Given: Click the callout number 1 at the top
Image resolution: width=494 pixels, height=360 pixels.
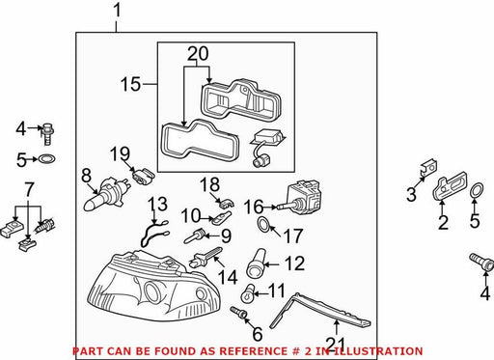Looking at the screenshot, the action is click(117, 11).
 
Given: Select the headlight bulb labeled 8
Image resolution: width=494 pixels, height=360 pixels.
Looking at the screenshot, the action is click(105, 195).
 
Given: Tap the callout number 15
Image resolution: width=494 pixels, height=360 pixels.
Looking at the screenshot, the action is click(131, 84).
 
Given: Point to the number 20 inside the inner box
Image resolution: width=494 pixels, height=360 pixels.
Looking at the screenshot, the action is click(198, 54).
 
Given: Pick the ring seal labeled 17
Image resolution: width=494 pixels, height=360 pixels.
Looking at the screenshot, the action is click(263, 225).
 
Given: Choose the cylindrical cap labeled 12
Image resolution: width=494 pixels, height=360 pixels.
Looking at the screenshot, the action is click(256, 263).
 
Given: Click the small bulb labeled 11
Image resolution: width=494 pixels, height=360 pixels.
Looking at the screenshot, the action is click(248, 293).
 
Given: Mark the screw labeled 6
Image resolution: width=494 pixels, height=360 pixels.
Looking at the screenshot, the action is click(238, 313).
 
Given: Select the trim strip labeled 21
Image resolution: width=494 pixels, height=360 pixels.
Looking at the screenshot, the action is click(318, 311).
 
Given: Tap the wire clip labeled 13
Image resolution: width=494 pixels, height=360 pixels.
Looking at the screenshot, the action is click(153, 233).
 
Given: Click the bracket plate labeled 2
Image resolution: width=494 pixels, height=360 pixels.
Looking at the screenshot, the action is click(451, 186).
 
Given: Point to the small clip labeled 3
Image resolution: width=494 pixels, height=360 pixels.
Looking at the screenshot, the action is click(429, 167).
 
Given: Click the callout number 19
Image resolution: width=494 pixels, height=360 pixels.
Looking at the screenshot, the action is click(120, 153).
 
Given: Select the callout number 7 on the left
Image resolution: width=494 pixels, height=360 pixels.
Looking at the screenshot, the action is click(29, 190).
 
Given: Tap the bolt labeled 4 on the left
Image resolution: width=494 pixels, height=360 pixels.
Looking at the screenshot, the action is click(47, 134).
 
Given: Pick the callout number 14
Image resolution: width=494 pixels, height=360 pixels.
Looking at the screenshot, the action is click(228, 277).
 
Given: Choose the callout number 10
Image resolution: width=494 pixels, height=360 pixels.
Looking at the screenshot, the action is click(191, 216).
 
